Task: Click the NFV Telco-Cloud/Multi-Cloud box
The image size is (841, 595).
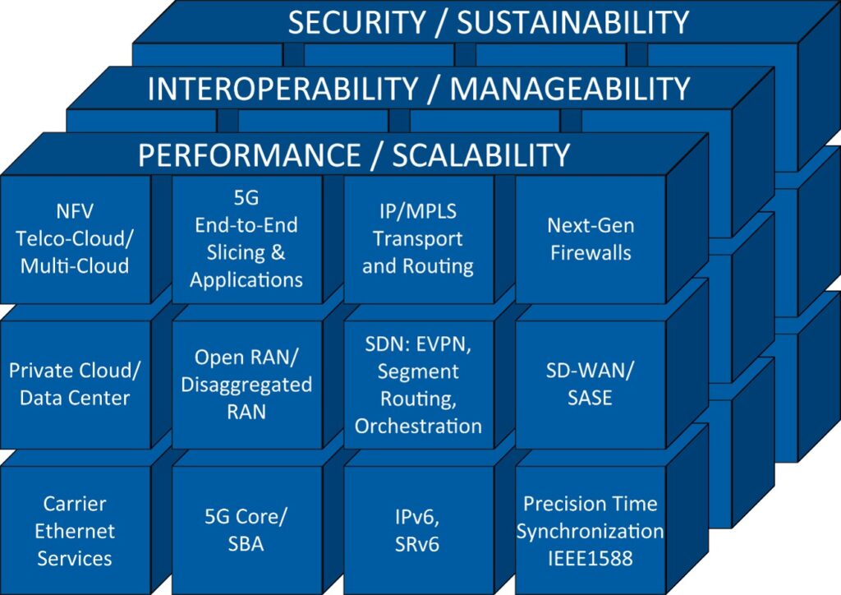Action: pos(75,239)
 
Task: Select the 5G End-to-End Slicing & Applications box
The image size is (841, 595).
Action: pos(246,239)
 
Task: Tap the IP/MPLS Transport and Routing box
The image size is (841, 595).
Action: pos(418,239)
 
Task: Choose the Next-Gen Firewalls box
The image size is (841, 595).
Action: pos(591,239)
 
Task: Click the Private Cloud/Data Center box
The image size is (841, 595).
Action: pos(75,384)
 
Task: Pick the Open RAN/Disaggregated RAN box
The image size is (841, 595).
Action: pos(246,384)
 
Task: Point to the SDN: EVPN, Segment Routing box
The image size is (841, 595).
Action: pos(418,384)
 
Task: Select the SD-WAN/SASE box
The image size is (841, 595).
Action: pos(591,384)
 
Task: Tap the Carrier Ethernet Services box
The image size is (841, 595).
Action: pos(75,530)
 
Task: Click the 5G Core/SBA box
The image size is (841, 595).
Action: pos(246,530)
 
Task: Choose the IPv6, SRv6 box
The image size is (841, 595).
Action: pos(418,530)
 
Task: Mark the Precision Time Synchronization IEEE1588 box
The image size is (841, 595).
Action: pos(591,530)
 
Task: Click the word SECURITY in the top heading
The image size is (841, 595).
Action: pos(357,22)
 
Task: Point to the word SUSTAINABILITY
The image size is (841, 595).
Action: pos(572,22)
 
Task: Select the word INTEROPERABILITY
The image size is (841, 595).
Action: pos(283,89)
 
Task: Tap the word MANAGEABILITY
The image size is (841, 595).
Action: pos(570,89)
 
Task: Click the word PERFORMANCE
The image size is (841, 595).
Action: pos(250,155)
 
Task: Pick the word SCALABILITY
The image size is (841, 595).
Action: pos(481,155)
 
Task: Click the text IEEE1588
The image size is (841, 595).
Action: pos(590,559)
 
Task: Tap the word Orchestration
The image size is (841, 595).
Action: pos(418,426)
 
